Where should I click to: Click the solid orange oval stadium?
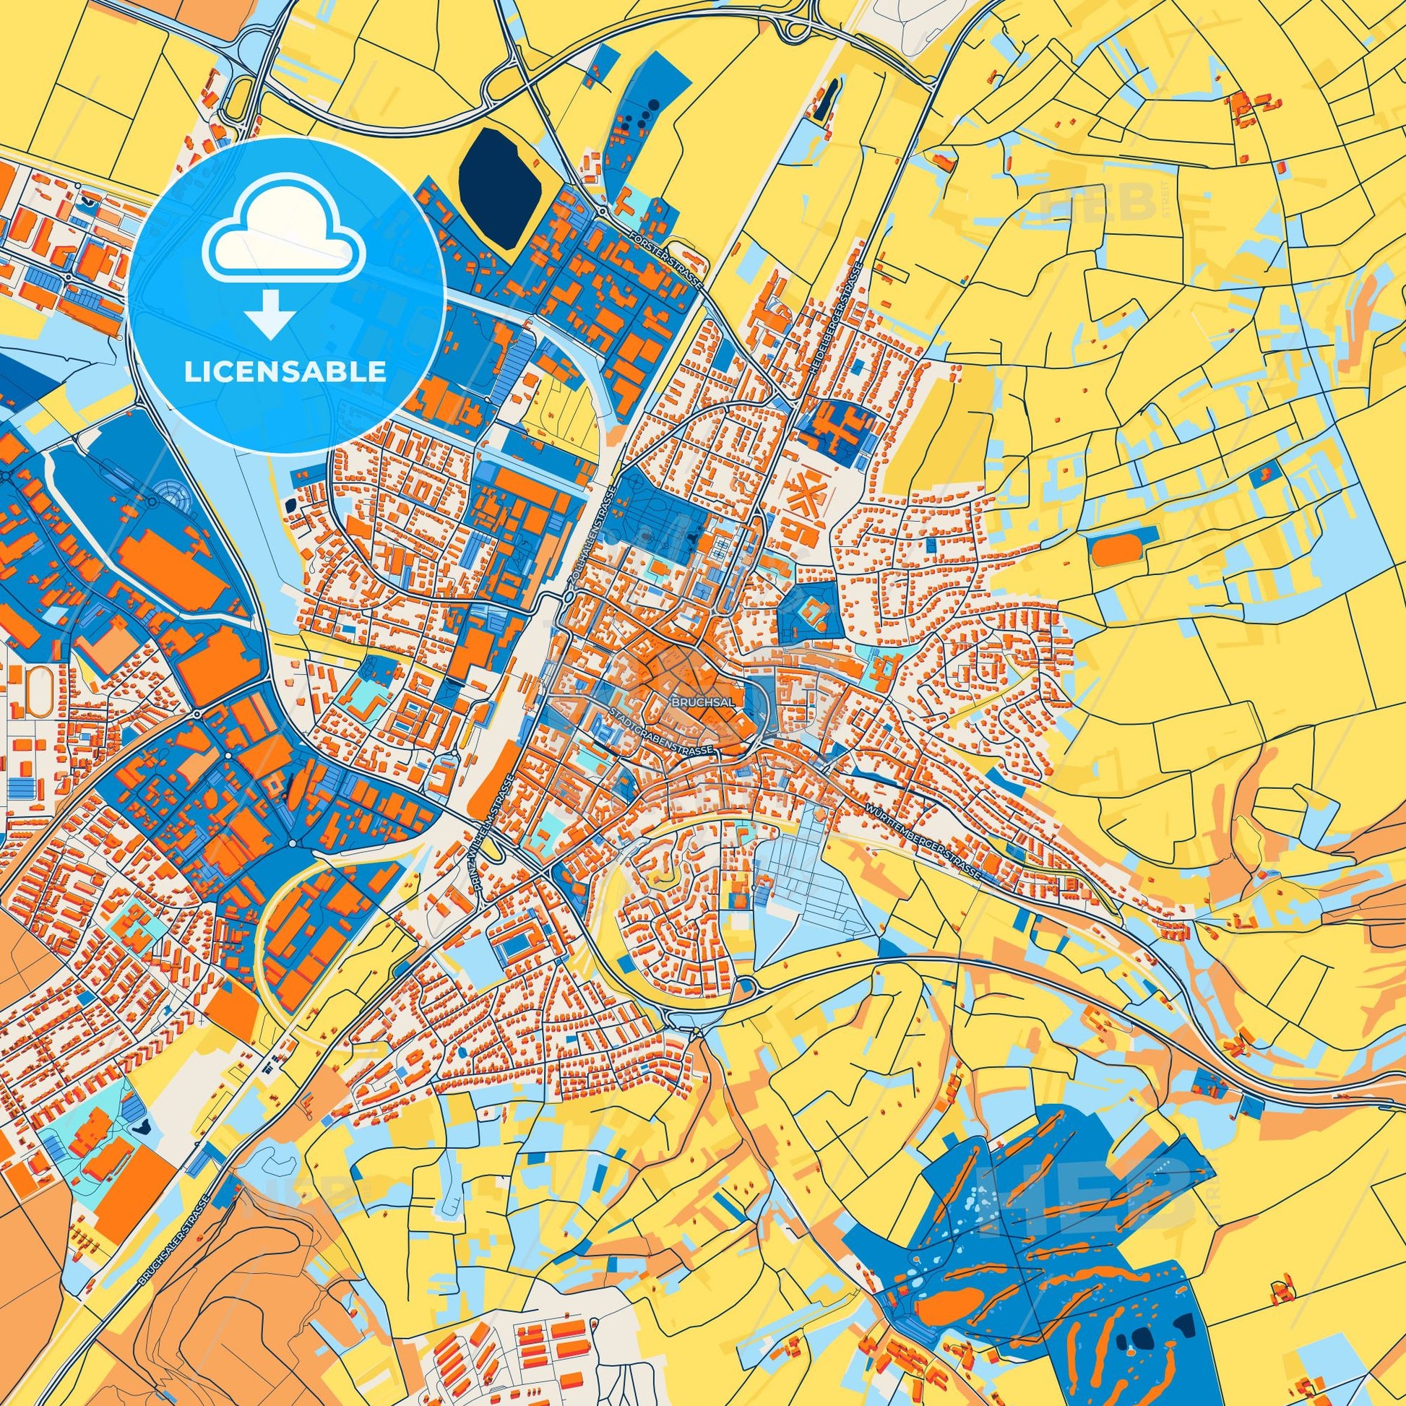pyautogui.click(x=1111, y=553)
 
